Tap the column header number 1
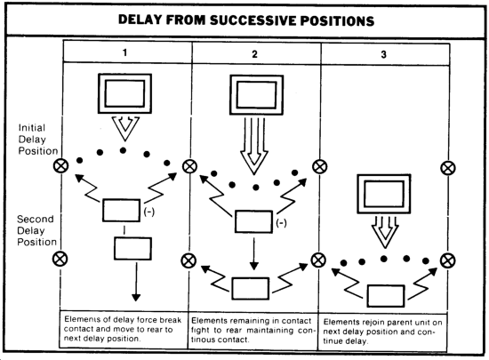(x=125, y=52)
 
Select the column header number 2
(x=254, y=54)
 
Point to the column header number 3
(x=383, y=55)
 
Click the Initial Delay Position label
(x=38, y=140)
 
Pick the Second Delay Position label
(x=36, y=230)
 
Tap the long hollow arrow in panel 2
(x=254, y=146)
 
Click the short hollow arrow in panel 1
(x=125, y=128)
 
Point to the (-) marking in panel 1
(x=149, y=212)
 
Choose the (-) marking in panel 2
(x=281, y=223)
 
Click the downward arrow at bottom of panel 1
(x=136, y=282)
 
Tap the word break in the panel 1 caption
(x=171, y=320)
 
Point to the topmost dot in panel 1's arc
(x=124, y=150)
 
